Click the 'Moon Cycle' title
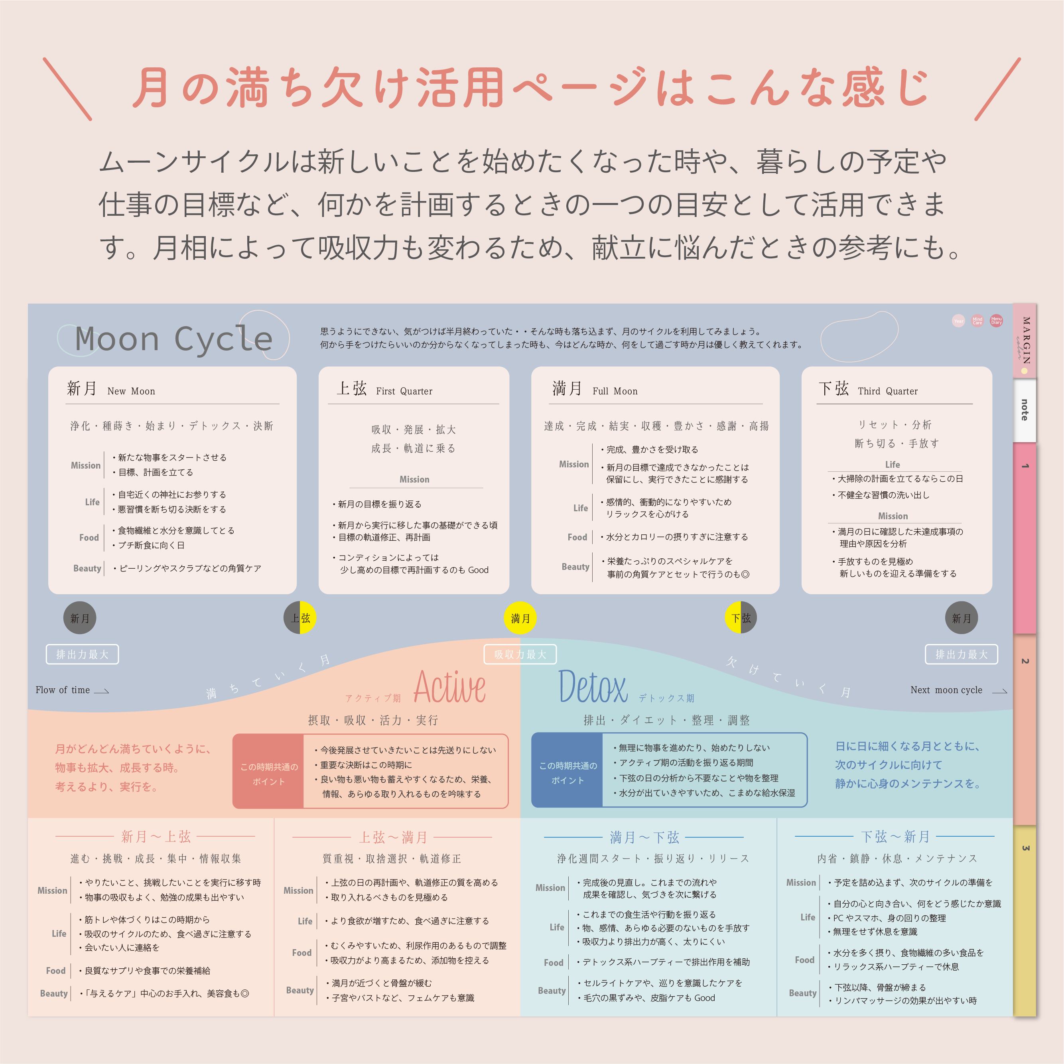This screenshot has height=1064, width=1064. coord(173,339)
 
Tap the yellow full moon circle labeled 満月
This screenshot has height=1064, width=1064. coord(520,618)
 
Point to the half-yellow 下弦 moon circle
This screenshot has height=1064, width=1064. coord(741,618)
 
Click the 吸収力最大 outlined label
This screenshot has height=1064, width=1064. coord(520,654)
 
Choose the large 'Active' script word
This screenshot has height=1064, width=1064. coord(449,687)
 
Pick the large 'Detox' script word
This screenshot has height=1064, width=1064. coord(593,687)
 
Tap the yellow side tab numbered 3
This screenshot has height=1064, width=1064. coord(1025,920)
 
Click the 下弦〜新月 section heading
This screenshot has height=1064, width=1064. coord(895,837)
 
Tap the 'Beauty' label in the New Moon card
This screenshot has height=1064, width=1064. coord(87,568)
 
